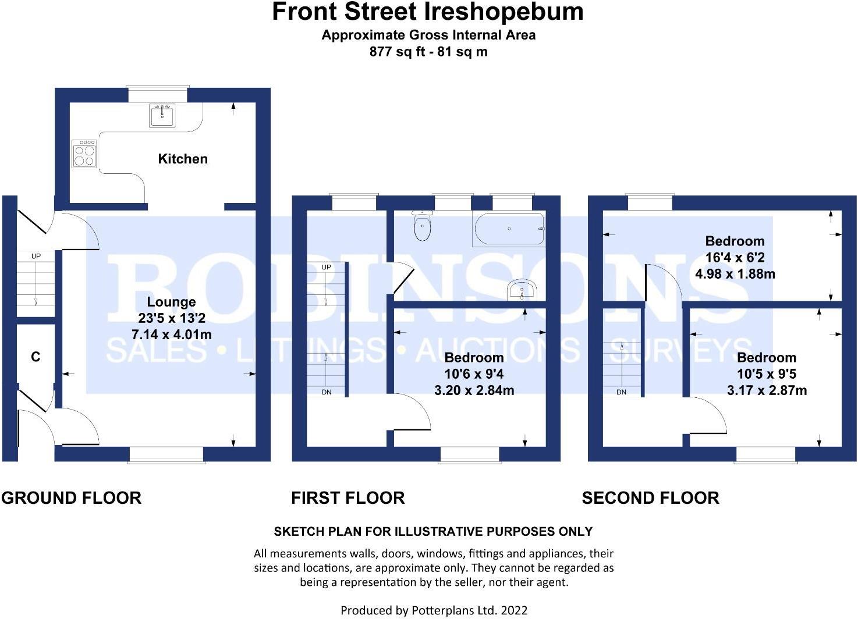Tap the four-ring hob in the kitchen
[x=84, y=153]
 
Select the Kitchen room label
[x=183, y=159]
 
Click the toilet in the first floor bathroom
[x=422, y=225]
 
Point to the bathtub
[x=509, y=229]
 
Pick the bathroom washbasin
[x=522, y=289]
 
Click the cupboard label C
[x=36, y=357]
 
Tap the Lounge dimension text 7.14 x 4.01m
[x=172, y=335]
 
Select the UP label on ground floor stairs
[x=36, y=256]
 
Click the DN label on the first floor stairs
[x=327, y=392]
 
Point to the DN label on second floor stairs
[x=621, y=392]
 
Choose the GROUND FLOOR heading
[x=72, y=498]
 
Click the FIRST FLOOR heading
[x=348, y=498]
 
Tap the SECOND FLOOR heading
[x=650, y=498]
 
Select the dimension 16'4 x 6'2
[x=735, y=257]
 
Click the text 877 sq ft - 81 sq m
[x=428, y=52]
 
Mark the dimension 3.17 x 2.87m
[x=767, y=390]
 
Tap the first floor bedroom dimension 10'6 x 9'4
[x=474, y=373]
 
